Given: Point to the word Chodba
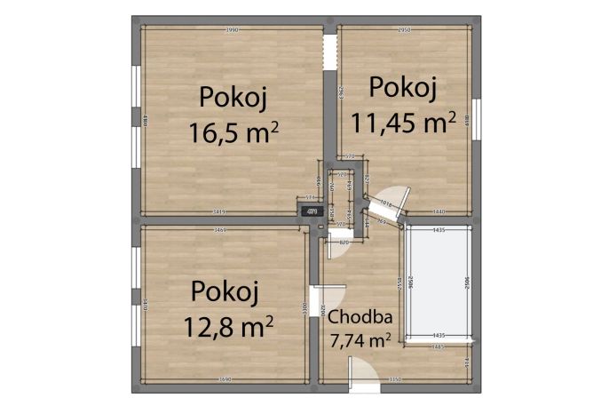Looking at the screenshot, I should click(360, 316).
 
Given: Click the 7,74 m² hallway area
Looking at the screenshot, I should click(360, 339).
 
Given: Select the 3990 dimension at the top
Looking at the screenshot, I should click(232, 31).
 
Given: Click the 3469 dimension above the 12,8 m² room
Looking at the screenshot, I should click(221, 231).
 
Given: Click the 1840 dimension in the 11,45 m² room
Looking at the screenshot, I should click(439, 212).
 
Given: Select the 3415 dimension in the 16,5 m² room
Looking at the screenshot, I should click(219, 211).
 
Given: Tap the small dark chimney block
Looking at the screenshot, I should click(311, 211).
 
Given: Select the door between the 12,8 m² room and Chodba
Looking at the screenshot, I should click(327, 300).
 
